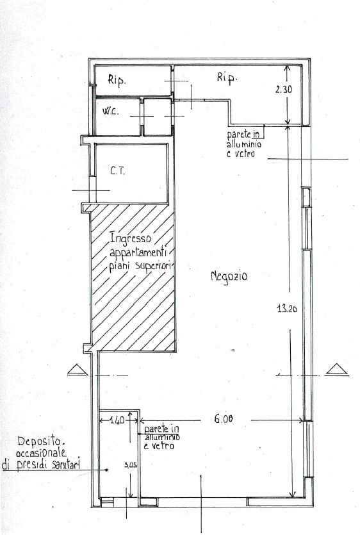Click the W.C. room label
(111, 111)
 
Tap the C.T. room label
(118, 170)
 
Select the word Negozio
(229, 276)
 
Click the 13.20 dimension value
(286, 309)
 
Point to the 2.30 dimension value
(284, 90)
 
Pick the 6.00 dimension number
(224, 418)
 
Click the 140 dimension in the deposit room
(117, 420)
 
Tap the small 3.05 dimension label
(131, 465)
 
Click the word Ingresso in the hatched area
(130, 238)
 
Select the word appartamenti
(138, 253)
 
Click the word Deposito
(41, 442)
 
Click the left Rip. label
(117, 81)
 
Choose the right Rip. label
(227, 78)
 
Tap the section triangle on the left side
(78, 370)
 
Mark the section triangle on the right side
(337, 370)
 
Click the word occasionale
(41, 454)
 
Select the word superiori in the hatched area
(153, 266)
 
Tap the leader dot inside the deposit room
(107, 470)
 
